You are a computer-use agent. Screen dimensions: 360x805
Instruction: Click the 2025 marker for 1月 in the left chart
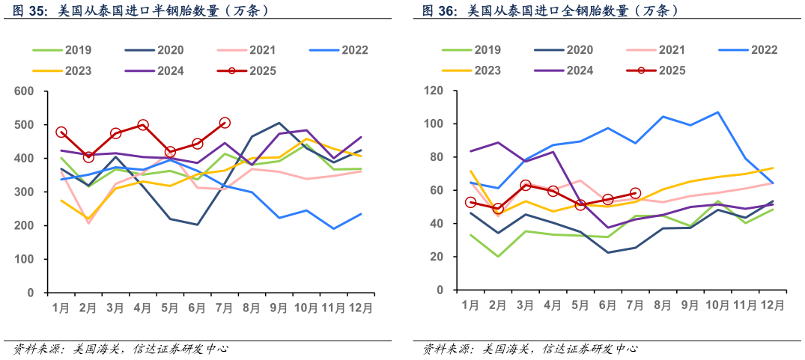61,132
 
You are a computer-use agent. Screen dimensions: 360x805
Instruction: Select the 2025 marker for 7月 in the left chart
225,123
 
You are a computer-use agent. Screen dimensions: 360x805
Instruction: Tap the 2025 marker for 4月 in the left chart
143,125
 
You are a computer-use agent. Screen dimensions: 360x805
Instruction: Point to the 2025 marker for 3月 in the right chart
526,185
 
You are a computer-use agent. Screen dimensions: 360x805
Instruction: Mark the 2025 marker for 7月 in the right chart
635,193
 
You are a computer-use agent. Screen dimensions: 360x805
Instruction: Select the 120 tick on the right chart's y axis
433,91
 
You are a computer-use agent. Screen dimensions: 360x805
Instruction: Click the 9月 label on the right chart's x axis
690,305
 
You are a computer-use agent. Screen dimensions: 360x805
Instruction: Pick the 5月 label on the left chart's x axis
170,308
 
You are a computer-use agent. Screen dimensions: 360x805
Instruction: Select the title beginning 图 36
550,11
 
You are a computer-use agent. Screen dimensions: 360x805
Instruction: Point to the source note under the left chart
120,349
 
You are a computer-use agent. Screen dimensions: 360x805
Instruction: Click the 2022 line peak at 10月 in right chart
717,112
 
